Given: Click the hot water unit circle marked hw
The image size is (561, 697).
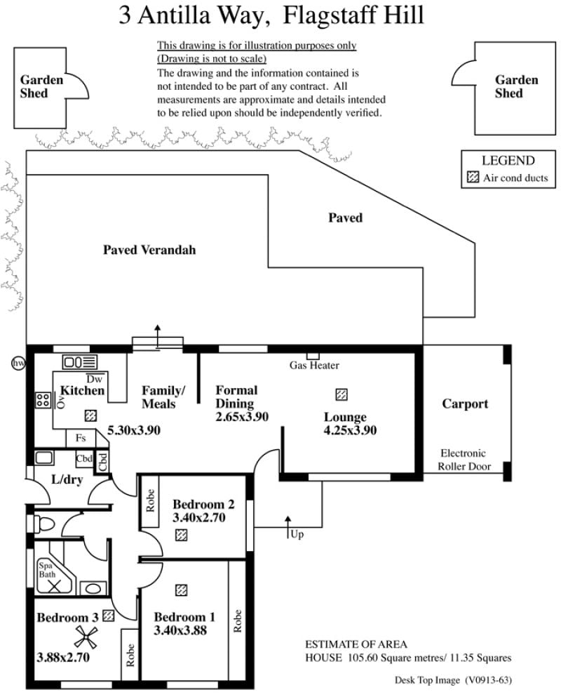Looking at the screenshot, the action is pyautogui.click(x=18, y=364).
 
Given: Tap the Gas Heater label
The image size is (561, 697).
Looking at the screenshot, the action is pyautogui.click(x=314, y=366).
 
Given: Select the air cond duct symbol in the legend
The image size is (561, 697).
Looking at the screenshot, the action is pyautogui.click(x=473, y=178).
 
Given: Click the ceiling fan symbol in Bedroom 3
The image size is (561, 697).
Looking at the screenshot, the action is pyautogui.click(x=86, y=637).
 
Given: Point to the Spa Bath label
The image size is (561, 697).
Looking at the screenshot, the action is pyautogui.click(x=47, y=570).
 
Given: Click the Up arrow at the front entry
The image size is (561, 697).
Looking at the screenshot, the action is pyautogui.click(x=288, y=527).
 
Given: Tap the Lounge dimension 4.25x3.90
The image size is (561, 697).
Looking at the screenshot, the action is pyautogui.click(x=350, y=430).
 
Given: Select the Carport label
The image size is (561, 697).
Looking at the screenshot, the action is pyautogui.click(x=465, y=404).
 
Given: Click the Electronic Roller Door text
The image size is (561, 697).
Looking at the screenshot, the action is pyautogui.click(x=464, y=460).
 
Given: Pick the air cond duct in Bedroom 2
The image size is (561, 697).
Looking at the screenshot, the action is pyautogui.click(x=181, y=534).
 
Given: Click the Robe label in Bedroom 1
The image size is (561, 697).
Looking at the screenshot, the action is pyautogui.click(x=237, y=621).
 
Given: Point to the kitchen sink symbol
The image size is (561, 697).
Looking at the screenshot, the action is pyautogui.click(x=79, y=361).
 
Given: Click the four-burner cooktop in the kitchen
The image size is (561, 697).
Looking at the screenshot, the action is pyautogui.click(x=43, y=400).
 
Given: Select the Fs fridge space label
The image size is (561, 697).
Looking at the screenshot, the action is pyautogui.click(x=81, y=438).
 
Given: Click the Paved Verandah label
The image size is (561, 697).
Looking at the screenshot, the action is pyautogui.click(x=149, y=250).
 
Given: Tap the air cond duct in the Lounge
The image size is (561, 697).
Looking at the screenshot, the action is pyautogui.click(x=341, y=394).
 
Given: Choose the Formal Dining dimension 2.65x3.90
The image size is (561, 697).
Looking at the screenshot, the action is pyautogui.click(x=242, y=417).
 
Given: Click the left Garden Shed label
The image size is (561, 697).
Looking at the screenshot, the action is pyautogui.click(x=41, y=86).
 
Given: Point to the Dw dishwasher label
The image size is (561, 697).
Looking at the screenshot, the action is pyautogui.click(x=94, y=379).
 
